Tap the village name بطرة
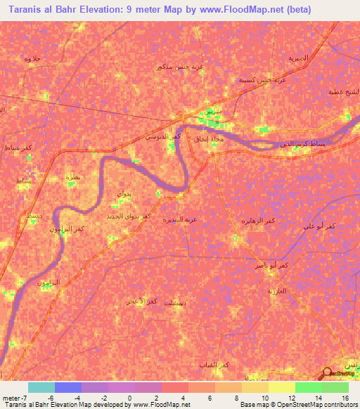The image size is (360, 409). point(72,177)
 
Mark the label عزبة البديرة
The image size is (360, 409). point(180,219)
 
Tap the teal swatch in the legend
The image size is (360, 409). point(41,387)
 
